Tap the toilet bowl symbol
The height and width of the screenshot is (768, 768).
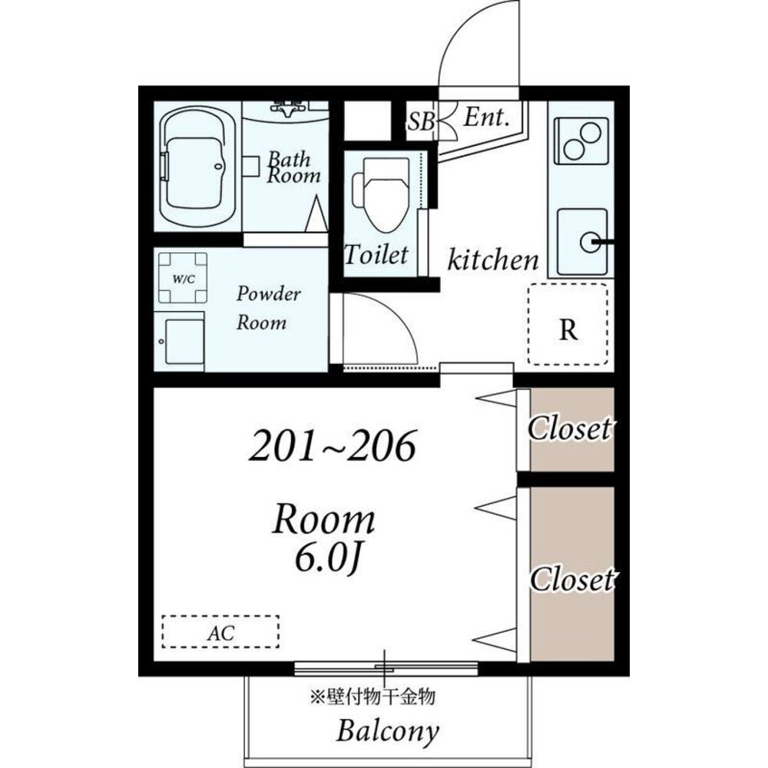(380, 195)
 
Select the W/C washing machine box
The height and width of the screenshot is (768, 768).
(183, 278)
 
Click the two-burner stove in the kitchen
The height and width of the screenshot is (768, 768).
(581, 141)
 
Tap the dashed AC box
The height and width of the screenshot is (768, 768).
(220, 632)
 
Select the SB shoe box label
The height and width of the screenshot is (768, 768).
(421, 121)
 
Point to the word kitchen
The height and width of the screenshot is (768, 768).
(493, 260)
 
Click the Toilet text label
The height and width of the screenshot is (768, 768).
(376, 255)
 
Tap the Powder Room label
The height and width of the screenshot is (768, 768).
(268, 308)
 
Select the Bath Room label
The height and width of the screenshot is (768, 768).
(293, 167)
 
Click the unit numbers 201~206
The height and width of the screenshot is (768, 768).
(333, 445)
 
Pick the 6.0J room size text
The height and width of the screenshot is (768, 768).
(328, 558)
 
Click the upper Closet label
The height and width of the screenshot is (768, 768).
(570, 429)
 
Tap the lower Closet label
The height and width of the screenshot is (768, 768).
(572, 579)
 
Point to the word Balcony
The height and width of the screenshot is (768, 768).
(387, 731)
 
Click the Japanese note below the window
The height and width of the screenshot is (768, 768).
(372, 696)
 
